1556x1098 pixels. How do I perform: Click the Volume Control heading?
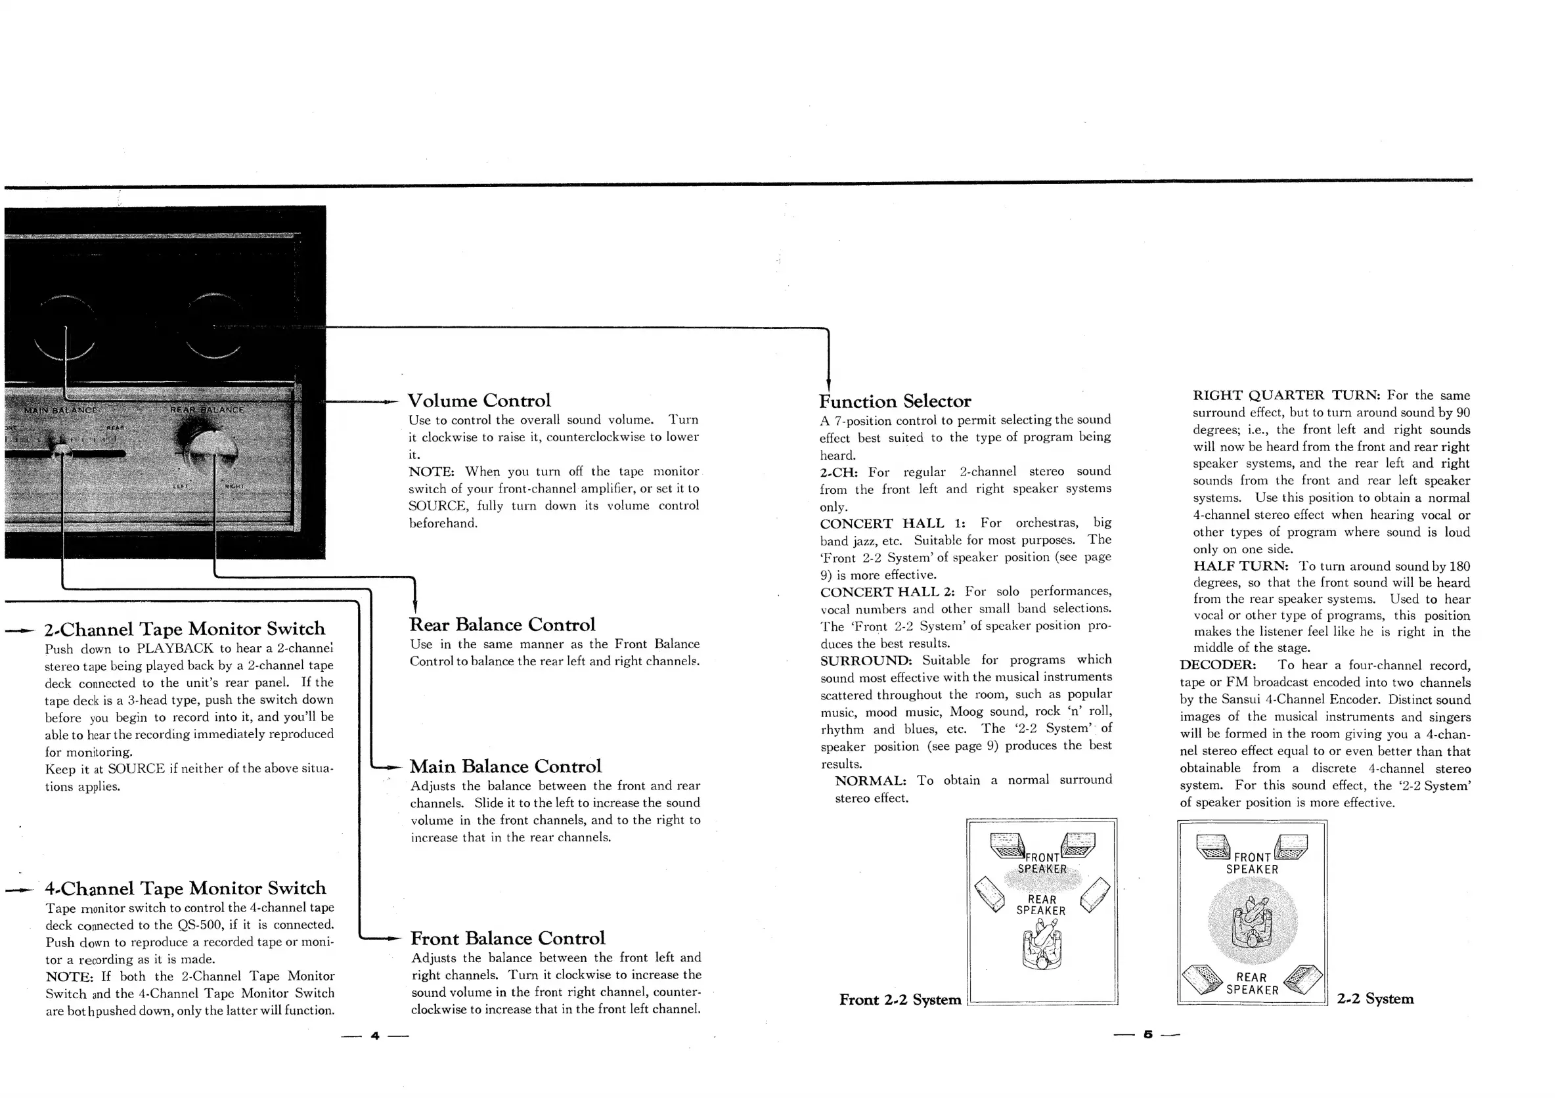(x=478, y=401)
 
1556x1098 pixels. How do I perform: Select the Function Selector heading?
(x=895, y=401)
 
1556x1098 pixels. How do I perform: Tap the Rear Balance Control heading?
(x=502, y=625)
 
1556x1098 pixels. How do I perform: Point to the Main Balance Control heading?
(x=505, y=766)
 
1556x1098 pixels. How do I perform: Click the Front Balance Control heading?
(x=507, y=938)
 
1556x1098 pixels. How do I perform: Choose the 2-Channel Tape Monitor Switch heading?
(x=185, y=629)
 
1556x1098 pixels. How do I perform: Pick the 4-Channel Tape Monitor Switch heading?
(x=185, y=889)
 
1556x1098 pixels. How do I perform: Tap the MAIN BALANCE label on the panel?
(x=60, y=410)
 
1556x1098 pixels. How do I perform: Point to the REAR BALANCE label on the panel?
(x=206, y=410)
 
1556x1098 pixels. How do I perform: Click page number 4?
(x=375, y=1036)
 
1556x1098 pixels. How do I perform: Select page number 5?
(x=1147, y=1035)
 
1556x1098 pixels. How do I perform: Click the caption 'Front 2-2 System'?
(x=899, y=999)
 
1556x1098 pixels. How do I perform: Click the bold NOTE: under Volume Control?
(x=431, y=472)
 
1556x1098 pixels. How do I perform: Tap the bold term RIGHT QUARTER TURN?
(x=1285, y=396)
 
